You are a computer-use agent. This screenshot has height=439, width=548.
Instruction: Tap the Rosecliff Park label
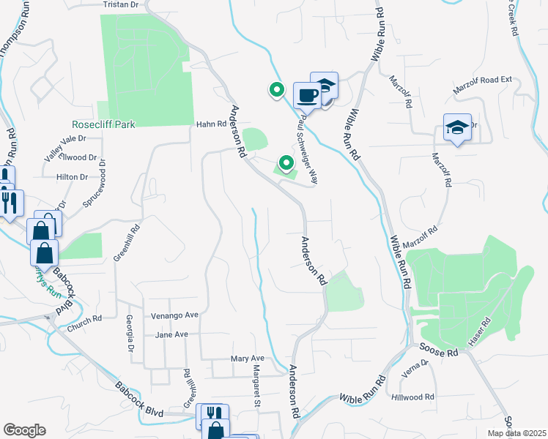click(103, 125)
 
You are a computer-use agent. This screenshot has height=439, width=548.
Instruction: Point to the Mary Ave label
click(247, 359)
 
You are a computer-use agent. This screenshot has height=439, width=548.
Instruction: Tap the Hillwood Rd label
click(413, 397)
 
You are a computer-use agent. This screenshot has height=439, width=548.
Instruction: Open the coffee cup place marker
click(306, 95)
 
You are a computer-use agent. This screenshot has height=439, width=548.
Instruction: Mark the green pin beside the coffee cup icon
click(276, 90)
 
